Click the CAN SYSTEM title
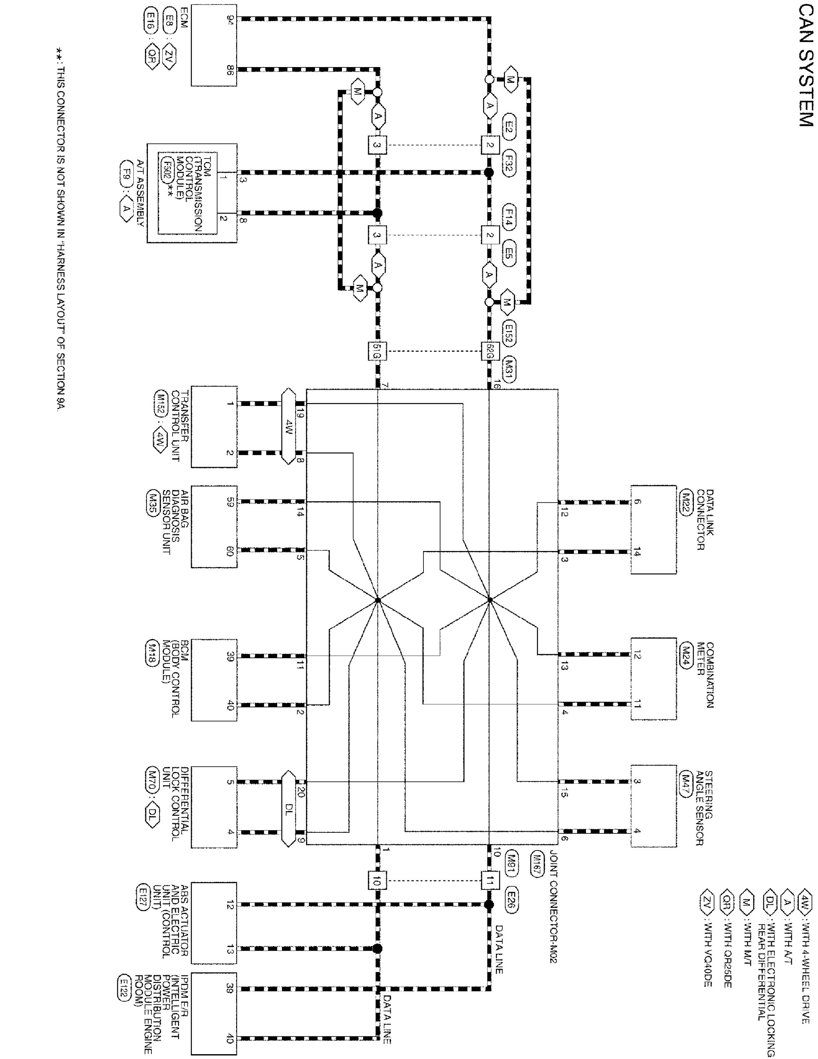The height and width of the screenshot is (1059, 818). (x=805, y=65)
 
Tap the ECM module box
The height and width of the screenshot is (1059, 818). (x=214, y=46)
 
